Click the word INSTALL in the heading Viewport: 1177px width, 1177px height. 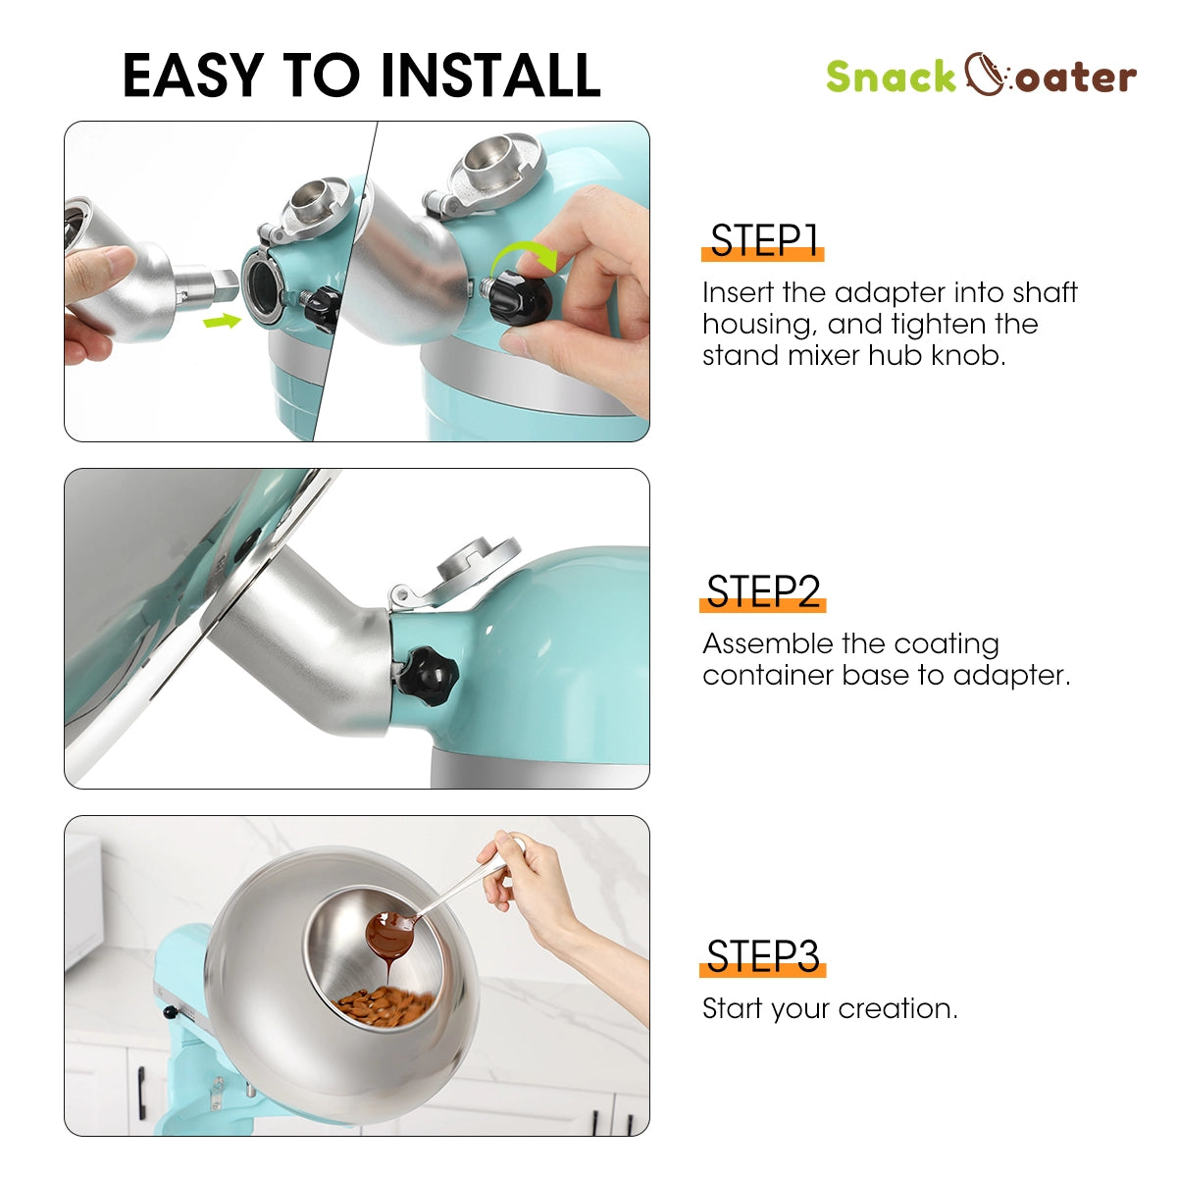point(489,76)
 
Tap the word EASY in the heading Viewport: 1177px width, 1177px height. point(193,76)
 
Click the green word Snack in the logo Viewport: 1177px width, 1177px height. point(890,77)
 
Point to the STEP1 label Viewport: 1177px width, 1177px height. point(764,241)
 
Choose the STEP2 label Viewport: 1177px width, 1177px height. point(763,592)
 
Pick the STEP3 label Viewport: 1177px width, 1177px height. point(763,956)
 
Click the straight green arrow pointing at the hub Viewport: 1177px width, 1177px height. point(223,319)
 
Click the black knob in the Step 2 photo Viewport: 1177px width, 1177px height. point(428,674)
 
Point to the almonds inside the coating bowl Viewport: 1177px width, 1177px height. point(383,1004)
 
